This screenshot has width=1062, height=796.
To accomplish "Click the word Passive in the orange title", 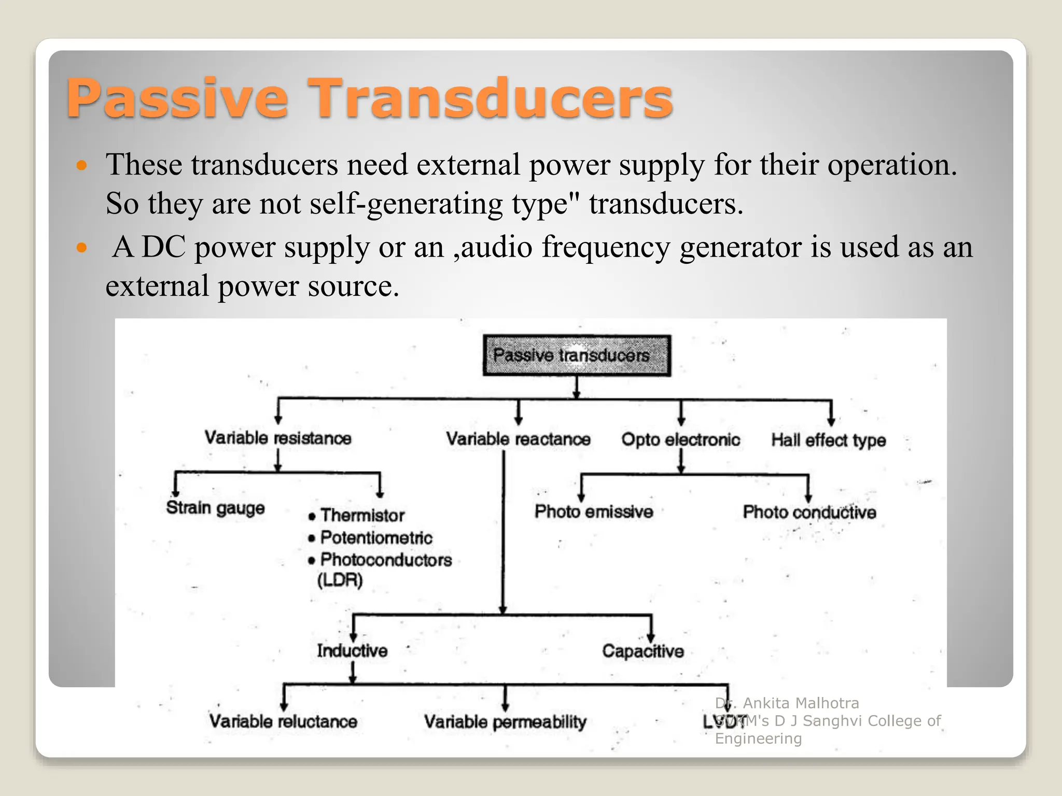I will pos(177,98).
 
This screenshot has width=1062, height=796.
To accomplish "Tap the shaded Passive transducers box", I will pos(577,356).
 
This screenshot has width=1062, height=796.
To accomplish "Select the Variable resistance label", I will pos(278,438).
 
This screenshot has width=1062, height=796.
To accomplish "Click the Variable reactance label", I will pos(518,439).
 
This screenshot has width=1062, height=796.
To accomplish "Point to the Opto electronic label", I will pos(680,439).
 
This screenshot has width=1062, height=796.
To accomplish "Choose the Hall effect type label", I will pos(828,440).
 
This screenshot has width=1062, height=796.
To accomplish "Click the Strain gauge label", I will pos(215,508).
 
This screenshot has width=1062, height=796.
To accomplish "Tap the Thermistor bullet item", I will pos(362,515).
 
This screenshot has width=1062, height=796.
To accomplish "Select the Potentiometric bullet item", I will pos(376,537).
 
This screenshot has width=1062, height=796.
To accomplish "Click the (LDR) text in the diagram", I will pos(340,580).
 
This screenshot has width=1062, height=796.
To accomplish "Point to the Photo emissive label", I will pos(594,511).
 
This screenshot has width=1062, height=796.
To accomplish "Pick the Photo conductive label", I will pos(809,512).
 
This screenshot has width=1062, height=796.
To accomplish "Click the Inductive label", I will pos(352,650).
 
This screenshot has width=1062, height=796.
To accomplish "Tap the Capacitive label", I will pos(642,651).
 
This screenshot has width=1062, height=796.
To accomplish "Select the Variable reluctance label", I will pos(283,721).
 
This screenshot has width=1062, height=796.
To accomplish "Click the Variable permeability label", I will pos(505,721).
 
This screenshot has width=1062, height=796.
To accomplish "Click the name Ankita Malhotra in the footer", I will pos(801,703).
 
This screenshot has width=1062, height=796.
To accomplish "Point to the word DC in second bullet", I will pos(163,247).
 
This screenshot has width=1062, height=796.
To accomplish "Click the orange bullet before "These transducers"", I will pos(81,166).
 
